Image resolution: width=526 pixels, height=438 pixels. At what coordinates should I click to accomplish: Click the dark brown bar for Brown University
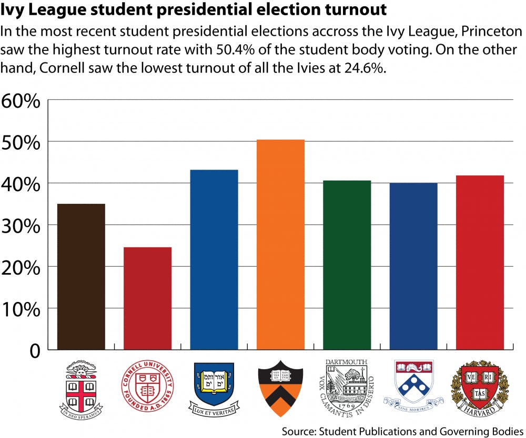[x=81, y=277]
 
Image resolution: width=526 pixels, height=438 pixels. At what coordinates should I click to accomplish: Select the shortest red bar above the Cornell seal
[x=147, y=298]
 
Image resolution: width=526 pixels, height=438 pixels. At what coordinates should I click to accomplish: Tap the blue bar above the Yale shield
[x=214, y=260]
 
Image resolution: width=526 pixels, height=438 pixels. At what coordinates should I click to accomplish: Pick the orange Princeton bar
[x=280, y=245]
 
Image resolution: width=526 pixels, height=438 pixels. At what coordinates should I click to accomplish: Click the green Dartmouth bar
[x=347, y=265]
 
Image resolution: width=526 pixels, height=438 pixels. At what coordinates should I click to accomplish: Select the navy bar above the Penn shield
[x=413, y=266]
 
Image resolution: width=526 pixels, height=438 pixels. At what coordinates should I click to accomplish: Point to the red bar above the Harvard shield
[x=479, y=263]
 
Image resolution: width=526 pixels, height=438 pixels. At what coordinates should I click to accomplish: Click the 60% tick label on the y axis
[x=21, y=101]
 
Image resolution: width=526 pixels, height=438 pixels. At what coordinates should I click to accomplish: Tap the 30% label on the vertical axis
[x=21, y=226]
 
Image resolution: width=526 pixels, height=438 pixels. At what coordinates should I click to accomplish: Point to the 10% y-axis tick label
[x=21, y=309]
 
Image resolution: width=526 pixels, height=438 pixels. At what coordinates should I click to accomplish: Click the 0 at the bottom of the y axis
[x=34, y=350]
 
